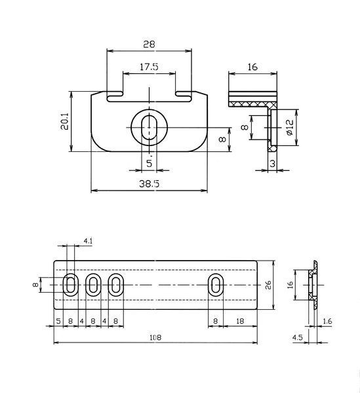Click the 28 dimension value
149,44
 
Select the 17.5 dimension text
149,67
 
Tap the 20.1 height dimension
65,121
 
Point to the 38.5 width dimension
150,183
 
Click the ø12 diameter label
290,127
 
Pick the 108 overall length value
155,337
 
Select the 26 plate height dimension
268,285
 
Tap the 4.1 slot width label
88,241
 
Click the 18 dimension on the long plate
240,321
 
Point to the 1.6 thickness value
327,321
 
